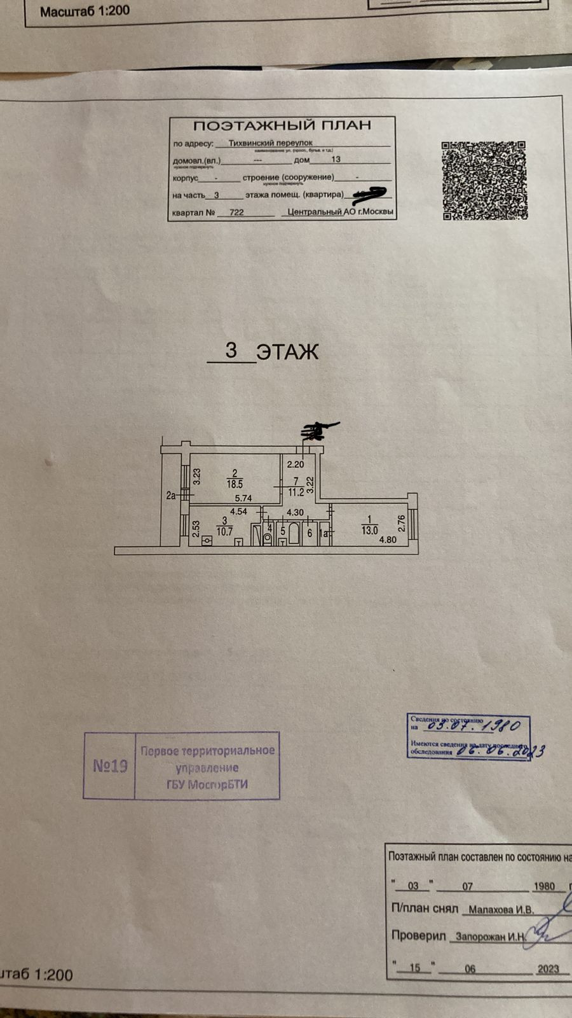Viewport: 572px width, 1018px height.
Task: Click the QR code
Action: click(x=484, y=180)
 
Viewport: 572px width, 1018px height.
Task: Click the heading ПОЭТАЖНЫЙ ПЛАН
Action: click(x=282, y=126)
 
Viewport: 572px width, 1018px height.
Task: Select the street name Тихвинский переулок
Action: click(x=270, y=143)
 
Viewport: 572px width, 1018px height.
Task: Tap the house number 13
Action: click(x=336, y=160)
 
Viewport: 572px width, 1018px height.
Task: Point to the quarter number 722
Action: click(x=236, y=213)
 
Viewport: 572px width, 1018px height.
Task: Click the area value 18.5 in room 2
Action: click(x=235, y=484)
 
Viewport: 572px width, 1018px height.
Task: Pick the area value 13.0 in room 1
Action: click(x=369, y=529)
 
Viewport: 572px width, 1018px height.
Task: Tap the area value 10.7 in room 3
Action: click(x=224, y=531)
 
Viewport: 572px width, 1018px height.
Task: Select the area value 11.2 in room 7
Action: click(x=296, y=491)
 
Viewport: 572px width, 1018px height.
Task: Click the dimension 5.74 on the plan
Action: click(x=243, y=498)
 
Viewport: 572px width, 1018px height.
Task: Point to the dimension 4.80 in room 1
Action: click(x=388, y=540)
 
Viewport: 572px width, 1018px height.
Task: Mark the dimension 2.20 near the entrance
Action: click(x=295, y=464)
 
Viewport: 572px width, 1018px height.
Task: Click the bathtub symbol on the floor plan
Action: click(x=294, y=534)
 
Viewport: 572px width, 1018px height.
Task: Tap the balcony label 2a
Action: click(x=170, y=496)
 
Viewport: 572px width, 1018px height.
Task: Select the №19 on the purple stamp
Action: click(x=110, y=766)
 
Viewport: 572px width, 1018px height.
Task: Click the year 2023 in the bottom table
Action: click(x=547, y=968)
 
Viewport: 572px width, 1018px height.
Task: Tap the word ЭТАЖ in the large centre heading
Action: click(x=287, y=352)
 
